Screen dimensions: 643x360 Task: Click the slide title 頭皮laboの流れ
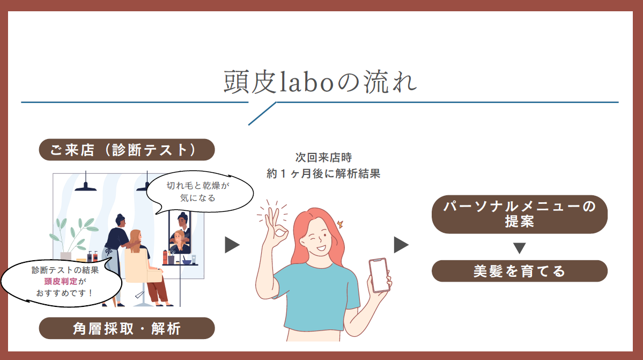click(x=320, y=82)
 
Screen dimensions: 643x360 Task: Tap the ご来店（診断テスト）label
click(x=127, y=150)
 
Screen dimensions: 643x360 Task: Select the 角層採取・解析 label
click(x=127, y=328)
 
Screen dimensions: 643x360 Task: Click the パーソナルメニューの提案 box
click(x=520, y=214)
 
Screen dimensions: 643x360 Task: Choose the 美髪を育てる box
click(x=520, y=271)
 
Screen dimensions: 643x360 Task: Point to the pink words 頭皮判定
click(x=61, y=281)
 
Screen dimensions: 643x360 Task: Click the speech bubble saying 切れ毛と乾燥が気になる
click(x=199, y=192)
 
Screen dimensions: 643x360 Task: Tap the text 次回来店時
click(x=323, y=157)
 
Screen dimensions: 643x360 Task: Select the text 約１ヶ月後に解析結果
click(x=323, y=173)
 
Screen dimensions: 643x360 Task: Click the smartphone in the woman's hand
click(x=379, y=275)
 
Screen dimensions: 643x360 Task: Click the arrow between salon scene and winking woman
click(x=232, y=245)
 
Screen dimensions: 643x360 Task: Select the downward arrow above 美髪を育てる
click(x=520, y=248)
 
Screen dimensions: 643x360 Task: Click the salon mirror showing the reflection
click(x=180, y=232)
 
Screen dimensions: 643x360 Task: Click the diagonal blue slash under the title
click(x=262, y=114)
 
